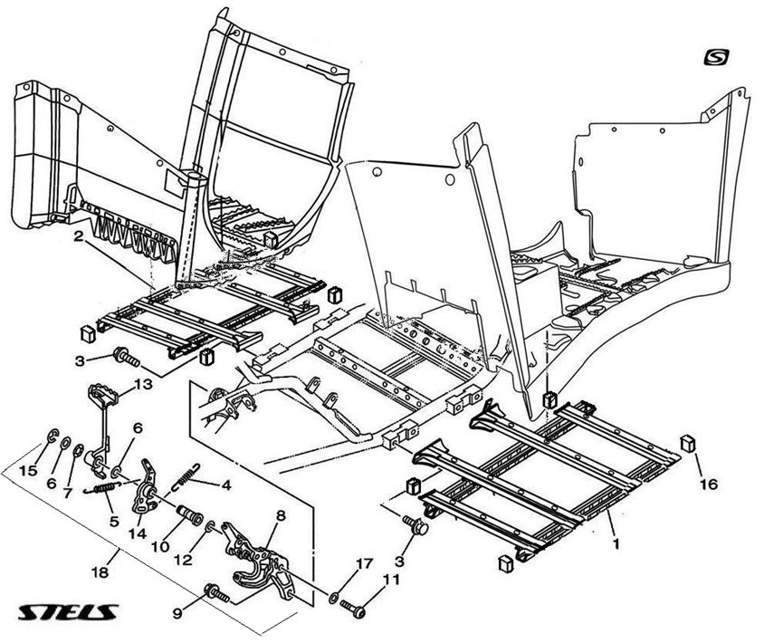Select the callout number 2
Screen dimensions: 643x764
80,237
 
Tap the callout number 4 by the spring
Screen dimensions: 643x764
225,485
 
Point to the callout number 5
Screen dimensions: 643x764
114,521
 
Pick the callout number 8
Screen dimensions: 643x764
281,515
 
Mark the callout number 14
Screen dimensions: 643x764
137,533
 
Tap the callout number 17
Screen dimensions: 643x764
363,564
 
